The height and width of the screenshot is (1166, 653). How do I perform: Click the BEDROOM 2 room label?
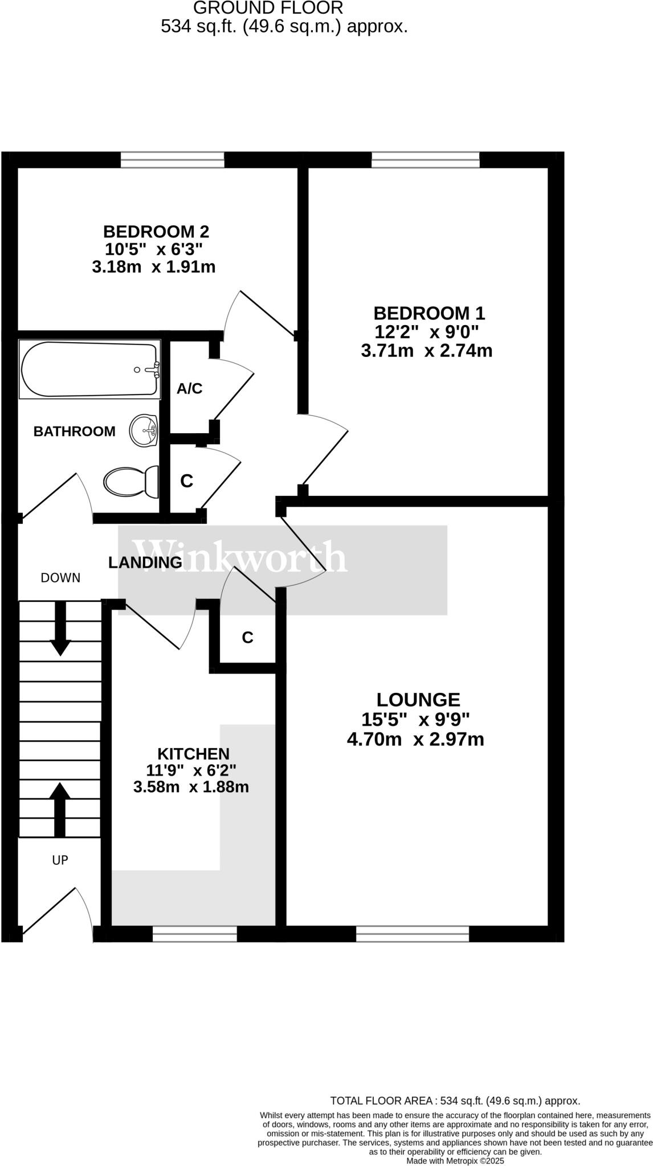coord(156,232)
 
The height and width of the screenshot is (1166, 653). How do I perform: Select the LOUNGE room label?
coord(418,699)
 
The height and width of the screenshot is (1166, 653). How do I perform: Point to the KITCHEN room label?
coord(193,754)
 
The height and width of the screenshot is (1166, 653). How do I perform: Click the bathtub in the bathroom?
coord(89,369)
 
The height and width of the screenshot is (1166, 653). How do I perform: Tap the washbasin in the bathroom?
coord(144,431)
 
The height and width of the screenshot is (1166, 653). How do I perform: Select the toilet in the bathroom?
coord(132,482)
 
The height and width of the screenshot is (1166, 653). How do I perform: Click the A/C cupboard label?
coord(189,389)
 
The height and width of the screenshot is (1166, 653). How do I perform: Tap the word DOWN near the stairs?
coord(60,578)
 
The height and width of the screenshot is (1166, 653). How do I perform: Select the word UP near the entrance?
coord(60,860)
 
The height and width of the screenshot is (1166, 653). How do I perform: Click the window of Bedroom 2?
coord(173,160)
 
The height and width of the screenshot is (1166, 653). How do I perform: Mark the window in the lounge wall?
coord(413,933)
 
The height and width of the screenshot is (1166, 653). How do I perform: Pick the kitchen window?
coord(195,933)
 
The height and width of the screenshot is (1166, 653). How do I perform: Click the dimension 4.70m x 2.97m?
coord(415,740)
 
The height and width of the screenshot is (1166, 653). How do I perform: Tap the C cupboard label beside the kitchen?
coord(247,638)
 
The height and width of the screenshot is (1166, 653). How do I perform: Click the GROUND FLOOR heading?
coord(268,8)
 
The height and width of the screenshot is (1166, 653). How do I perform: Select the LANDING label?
coord(145,563)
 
